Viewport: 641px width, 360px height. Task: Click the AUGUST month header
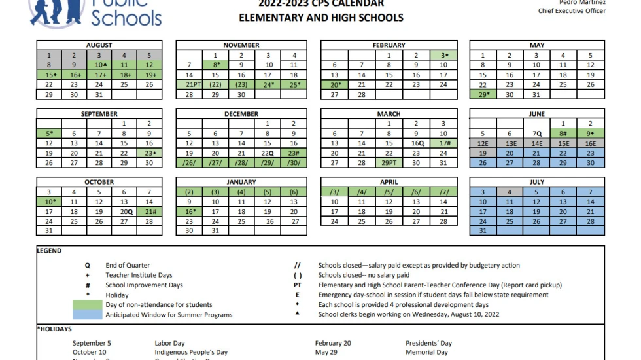coord(99,45)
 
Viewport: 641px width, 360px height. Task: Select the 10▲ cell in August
coord(99,65)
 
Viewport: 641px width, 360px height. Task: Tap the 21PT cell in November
coord(192,84)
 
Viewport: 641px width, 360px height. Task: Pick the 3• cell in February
coord(444,55)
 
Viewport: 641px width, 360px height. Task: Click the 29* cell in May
coord(483,94)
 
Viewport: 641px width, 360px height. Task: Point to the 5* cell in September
coord(49,134)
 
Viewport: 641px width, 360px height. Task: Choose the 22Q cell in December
coord(267,153)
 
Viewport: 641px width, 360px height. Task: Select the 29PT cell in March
coord(389,163)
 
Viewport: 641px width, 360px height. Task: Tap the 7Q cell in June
coord(536,134)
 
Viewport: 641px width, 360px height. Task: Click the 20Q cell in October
coord(125,211)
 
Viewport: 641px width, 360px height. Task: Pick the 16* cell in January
coord(190,211)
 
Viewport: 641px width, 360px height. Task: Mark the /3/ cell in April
coord(334,192)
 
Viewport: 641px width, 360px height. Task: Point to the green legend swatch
coord(86,304)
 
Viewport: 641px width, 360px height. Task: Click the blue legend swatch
coord(86,314)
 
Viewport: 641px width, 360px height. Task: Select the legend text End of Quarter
coord(128,266)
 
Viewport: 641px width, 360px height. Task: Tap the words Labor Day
coord(170,343)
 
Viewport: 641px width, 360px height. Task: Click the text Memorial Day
coord(427,352)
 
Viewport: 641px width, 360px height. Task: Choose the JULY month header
coord(536,182)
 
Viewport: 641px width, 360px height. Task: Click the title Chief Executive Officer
coord(572,11)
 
